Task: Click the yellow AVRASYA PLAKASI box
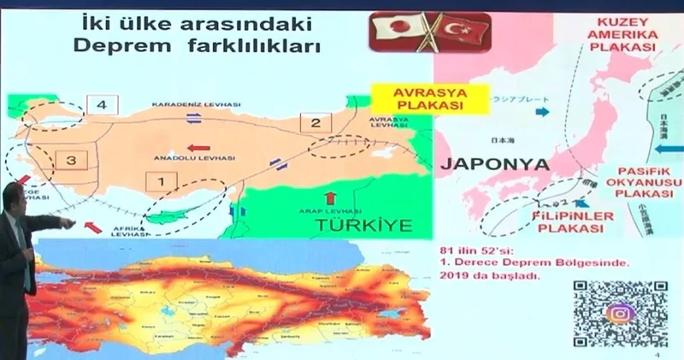[427, 97]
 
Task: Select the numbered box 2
[315, 122]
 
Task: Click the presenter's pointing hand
[64, 223]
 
